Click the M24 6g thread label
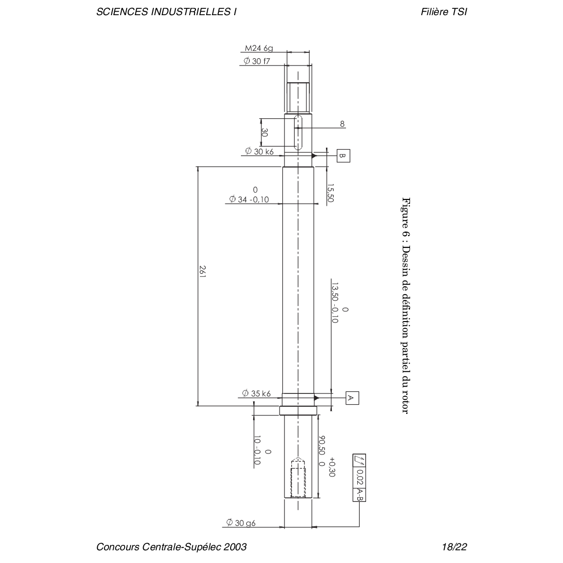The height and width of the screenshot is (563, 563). pyautogui.click(x=259, y=48)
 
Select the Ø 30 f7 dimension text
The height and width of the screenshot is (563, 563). pyautogui.click(x=257, y=61)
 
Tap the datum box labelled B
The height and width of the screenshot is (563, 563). pyautogui.click(x=343, y=156)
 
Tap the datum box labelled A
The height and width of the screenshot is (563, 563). pyautogui.click(x=352, y=398)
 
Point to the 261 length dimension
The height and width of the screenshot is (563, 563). pyautogui.click(x=202, y=272)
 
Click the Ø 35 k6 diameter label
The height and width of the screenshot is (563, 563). pyautogui.click(x=257, y=393)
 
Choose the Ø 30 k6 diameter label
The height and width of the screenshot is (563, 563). pyautogui.click(x=259, y=152)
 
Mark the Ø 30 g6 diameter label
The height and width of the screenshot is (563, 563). pyautogui.click(x=240, y=523)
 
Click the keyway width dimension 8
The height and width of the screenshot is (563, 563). pyautogui.click(x=342, y=124)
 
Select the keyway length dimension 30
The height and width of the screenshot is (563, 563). pyautogui.click(x=264, y=132)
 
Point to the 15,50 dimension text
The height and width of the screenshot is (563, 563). pyautogui.click(x=330, y=193)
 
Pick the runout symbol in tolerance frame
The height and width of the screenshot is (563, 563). pyautogui.click(x=360, y=461)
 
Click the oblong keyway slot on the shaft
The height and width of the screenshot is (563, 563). pyautogui.click(x=298, y=132)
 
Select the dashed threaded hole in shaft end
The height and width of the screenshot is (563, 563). pyautogui.click(x=298, y=477)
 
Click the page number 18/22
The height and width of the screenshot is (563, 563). pyautogui.click(x=455, y=547)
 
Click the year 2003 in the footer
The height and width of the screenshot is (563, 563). pyautogui.click(x=235, y=547)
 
